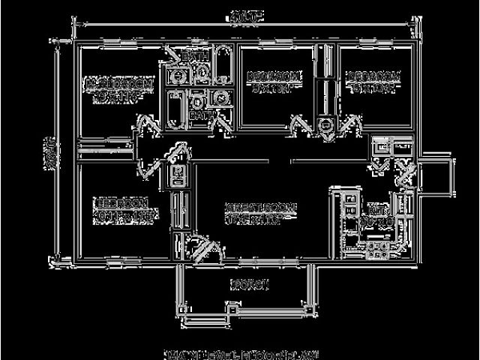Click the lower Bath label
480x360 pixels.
(x=199, y=116)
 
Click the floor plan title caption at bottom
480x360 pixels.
(x=240, y=352)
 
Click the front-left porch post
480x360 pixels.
(x=180, y=307)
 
